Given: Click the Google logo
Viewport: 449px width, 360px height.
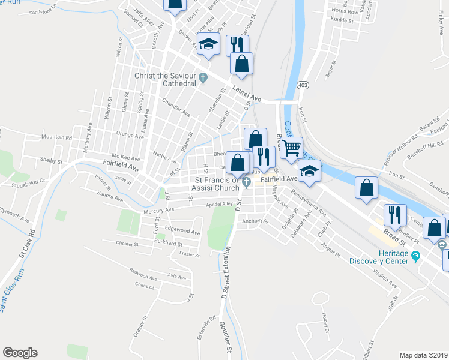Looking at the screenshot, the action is tap(20, 353).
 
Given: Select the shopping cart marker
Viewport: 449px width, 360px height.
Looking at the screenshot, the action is tap(291, 148).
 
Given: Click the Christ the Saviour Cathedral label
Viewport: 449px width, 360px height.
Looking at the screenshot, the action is tap(163, 79).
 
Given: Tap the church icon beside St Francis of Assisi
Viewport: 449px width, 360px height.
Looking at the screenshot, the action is tap(247, 183).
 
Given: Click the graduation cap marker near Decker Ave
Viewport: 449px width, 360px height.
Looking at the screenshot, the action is tap(209, 45).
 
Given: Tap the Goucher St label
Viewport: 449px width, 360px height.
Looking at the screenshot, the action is tap(228, 339).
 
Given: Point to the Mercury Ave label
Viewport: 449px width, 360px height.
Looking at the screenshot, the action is tap(158, 211).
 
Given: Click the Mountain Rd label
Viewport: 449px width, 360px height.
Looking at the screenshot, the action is tap(56, 137).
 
